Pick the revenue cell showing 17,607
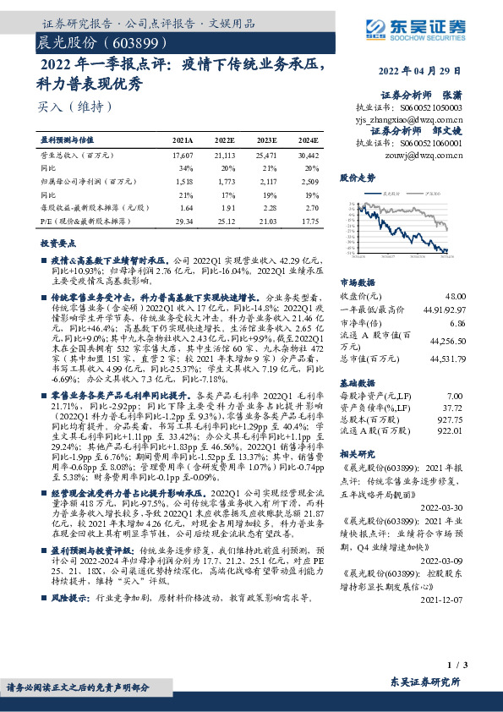point(183,156)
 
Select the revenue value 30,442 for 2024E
point(309,156)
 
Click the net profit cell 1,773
point(225,181)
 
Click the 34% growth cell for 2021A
point(183,168)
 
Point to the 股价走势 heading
point(357,179)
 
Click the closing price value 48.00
point(456,295)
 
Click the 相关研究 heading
point(357,454)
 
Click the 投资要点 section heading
point(58,242)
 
